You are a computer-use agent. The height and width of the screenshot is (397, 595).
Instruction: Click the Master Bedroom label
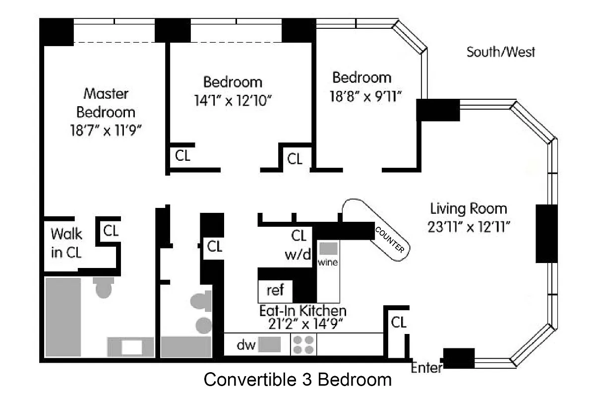tap(106, 102)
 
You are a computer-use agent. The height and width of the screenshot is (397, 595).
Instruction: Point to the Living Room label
tap(468, 208)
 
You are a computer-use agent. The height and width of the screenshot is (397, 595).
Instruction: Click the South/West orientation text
tap(501, 52)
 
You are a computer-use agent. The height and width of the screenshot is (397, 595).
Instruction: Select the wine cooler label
tap(328, 262)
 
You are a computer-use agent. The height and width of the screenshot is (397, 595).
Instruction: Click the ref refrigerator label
tap(276, 290)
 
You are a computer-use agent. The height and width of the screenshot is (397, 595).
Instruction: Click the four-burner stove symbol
tap(303, 345)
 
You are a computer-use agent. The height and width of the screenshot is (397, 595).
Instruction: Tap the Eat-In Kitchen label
tap(302, 311)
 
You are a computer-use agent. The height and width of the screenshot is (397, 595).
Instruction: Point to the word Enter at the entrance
tap(426, 368)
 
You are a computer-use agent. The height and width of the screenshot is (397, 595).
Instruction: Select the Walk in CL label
tap(67, 242)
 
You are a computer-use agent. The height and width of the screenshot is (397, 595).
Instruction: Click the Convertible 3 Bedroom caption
tap(297, 380)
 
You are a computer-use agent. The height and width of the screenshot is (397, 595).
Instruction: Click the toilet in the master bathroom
tap(104, 288)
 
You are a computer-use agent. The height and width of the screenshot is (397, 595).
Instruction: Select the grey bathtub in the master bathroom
tap(63, 317)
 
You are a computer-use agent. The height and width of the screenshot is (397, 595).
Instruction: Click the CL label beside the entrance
tap(399, 323)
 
